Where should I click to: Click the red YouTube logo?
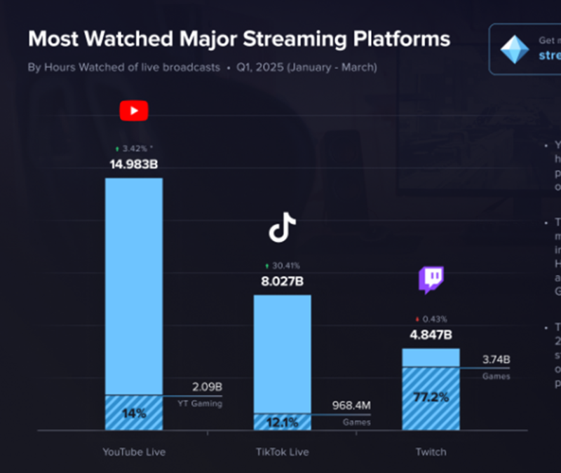click(x=134, y=111)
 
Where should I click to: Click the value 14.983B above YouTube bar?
click(x=134, y=165)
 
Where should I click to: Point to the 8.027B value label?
click(x=282, y=282)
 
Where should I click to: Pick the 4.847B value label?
click(x=431, y=334)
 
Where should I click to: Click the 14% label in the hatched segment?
click(x=134, y=413)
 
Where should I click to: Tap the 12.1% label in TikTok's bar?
click(x=282, y=423)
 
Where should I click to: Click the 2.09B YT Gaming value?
click(x=207, y=387)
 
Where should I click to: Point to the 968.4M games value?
click(x=351, y=406)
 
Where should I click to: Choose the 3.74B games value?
click(x=496, y=360)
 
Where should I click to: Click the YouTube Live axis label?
click(x=134, y=452)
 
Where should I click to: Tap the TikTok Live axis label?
click(x=282, y=452)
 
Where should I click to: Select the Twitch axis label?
click(x=431, y=452)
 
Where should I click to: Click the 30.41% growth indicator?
click(x=282, y=266)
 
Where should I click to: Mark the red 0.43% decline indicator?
click(x=431, y=319)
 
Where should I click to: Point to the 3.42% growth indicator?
click(x=134, y=149)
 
